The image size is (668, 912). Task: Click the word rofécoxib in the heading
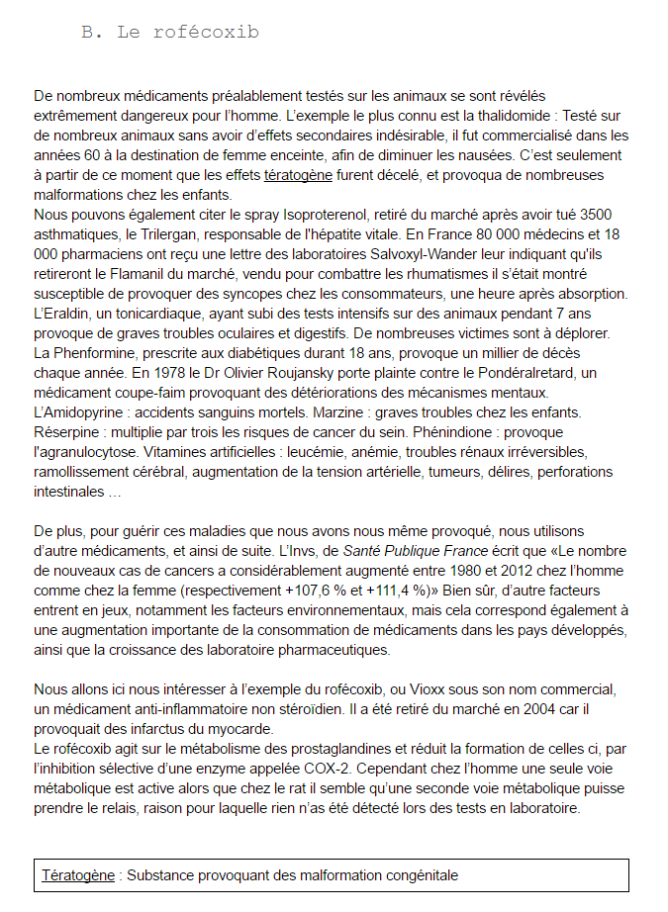click(207, 32)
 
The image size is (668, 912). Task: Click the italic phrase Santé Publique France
click(417, 551)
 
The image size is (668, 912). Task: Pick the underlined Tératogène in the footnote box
click(78, 876)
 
